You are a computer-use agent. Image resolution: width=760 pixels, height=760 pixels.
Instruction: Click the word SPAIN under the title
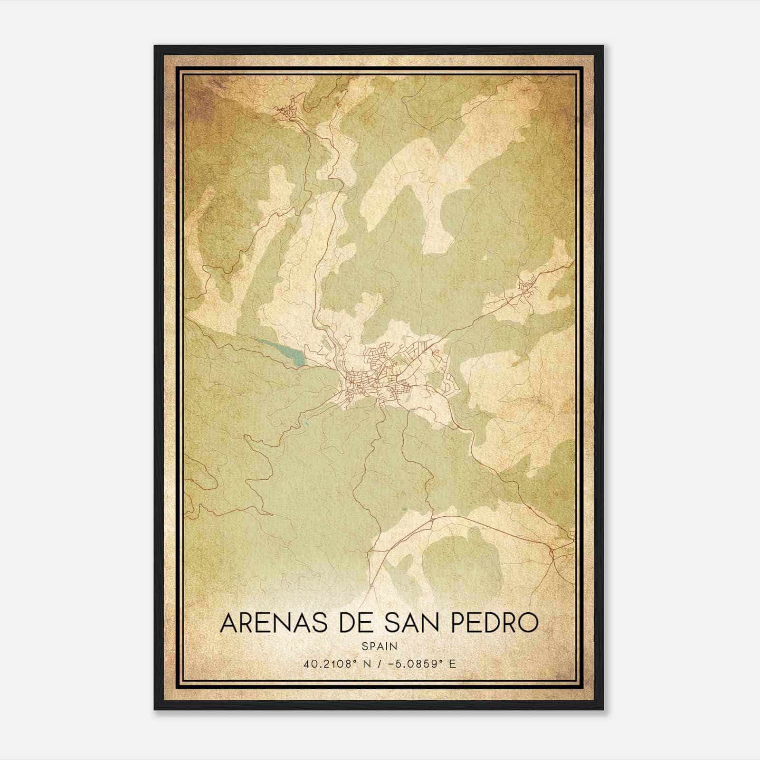click(x=379, y=646)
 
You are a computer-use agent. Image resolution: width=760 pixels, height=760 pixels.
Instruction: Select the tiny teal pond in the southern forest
click(x=404, y=509)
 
